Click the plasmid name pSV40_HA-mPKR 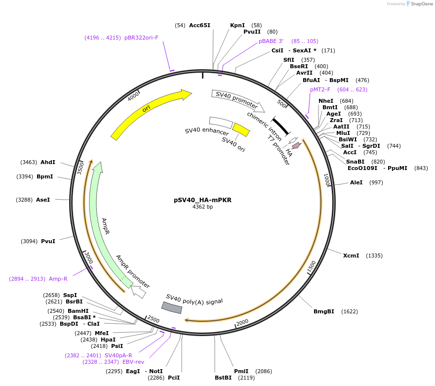pos(202,200)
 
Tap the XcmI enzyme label pos(352,256)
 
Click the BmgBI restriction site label pos(324,311)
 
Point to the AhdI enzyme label pos(48,162)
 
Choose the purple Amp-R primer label pos(58,279)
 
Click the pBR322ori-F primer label pos(141,38)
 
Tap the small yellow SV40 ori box pos(241,129)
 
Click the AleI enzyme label pos(356,182)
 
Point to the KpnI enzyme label pos(237,25)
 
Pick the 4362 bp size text pos(202,207)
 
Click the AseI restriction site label pos(43,200)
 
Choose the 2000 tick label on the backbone pos(242,323)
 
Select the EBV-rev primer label pos(134,362)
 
